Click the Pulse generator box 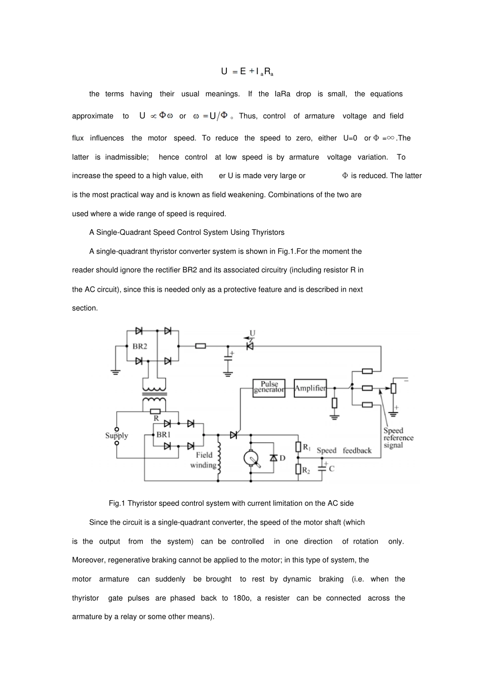269,388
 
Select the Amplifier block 310,388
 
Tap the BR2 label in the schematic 140,346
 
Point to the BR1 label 163,434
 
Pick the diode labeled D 274,458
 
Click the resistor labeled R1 298,447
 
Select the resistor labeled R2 298,469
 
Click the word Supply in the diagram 116,436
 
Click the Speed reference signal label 398,438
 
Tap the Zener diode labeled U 249,346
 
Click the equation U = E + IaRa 247,72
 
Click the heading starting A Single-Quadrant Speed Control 187,233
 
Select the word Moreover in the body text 89,560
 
